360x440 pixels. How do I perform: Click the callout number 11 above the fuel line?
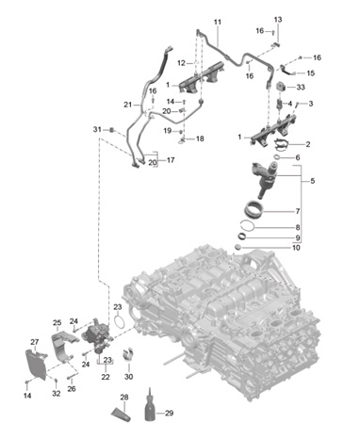[x=218, y=22]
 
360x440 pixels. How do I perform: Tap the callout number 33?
[x=301, y=87]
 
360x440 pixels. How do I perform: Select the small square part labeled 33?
[x=281, y=87]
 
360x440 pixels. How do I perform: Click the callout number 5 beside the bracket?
[x=312, y=181]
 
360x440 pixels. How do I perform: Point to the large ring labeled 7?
[x=254, y=208]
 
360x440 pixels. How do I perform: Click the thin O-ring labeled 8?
[x=248, y=227]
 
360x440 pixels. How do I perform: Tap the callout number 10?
[x=296, y=248]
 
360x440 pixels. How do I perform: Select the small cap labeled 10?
[x=239, y=247]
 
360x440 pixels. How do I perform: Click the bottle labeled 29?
[x=150, y=405]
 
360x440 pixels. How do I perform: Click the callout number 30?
[x=129, y=377]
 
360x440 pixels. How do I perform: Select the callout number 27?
[x=34, y=342]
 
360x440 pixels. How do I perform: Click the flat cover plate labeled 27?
[x=36, y=365]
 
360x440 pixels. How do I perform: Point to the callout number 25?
[x=57, y=322]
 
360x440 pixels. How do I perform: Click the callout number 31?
[x=97, y=129]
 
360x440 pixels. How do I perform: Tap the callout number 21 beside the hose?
[x=127, y=105]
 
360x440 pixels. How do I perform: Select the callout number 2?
[x=308, y=144]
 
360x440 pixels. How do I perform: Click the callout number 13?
[x=278, y=20]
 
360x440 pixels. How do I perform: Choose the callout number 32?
[x=57, y=393]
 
